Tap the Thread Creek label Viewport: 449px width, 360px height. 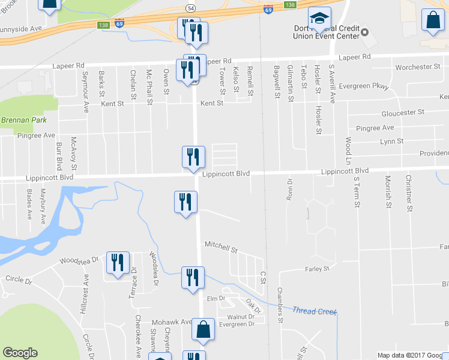click(315, 311)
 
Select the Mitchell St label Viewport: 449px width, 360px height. click(221, 246)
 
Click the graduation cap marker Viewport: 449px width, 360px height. click(319, 19)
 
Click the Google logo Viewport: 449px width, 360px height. click(20, 353)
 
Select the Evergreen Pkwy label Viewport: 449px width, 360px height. click(364, 86)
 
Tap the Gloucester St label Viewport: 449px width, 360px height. click(403, 112)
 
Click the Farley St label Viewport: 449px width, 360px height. click(318, 269)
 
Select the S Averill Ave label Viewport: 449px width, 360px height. click(331, 84)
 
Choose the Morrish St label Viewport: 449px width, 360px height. click(388, 193)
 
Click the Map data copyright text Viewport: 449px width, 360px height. click(412, 355)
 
